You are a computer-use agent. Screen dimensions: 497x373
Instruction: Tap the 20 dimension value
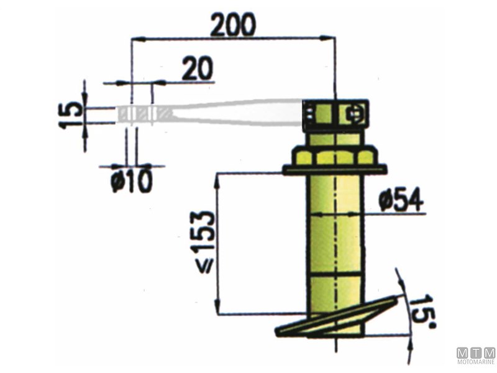198,68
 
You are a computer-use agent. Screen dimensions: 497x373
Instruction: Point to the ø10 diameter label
132,181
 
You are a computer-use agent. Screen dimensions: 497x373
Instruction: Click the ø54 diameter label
401,200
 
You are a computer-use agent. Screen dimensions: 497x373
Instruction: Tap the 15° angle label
424,310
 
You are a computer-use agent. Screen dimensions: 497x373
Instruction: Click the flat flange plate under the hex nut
335,170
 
